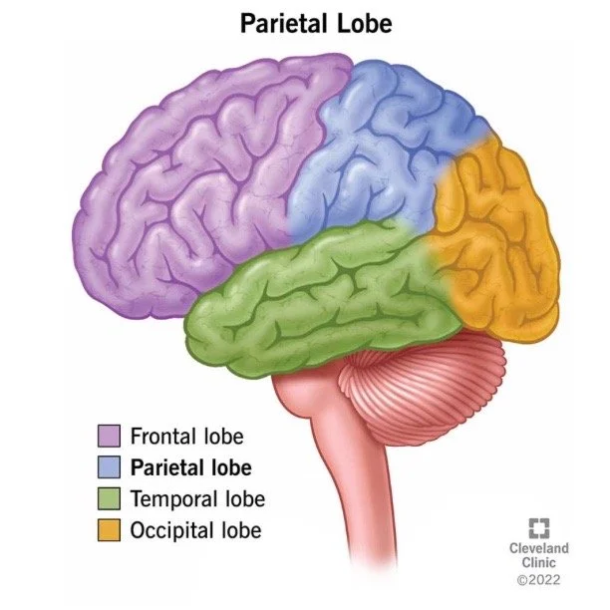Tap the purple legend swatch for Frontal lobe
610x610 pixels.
coord(109,436)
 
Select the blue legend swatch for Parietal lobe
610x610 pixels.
coord(109,466)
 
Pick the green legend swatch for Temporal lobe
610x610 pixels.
coord(109,497)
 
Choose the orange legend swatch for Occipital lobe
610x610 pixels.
coord(109,528)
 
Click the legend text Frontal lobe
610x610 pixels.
coord(186,436)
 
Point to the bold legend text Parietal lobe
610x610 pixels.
coord(190,466)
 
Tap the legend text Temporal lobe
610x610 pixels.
coord(197,497)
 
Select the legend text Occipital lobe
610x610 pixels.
coord(195,528)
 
